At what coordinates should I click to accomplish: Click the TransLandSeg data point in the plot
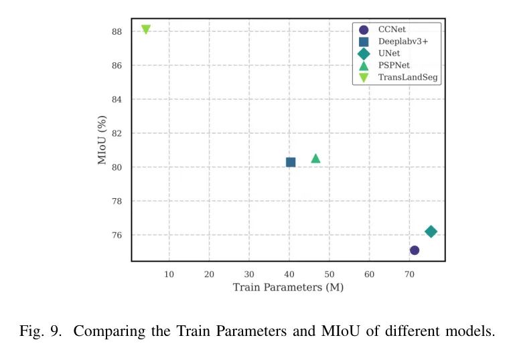tap(145, 29)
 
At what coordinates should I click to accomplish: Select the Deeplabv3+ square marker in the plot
tap(291, 162)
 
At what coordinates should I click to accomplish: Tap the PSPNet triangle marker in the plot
tap(315, 159)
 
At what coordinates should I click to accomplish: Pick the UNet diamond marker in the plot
tap(431, 232)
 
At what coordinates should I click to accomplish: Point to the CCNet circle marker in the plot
tap(415, 250)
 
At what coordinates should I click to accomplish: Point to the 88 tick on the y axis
tap(117, 31)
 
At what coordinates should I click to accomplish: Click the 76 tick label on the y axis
tap(117, 235)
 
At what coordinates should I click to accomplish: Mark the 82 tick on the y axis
tap(117, 133)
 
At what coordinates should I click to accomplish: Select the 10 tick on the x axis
tap(169, 274)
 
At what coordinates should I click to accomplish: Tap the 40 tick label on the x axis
tap(289, 274)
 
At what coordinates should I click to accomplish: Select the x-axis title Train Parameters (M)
tap(288, 288)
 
